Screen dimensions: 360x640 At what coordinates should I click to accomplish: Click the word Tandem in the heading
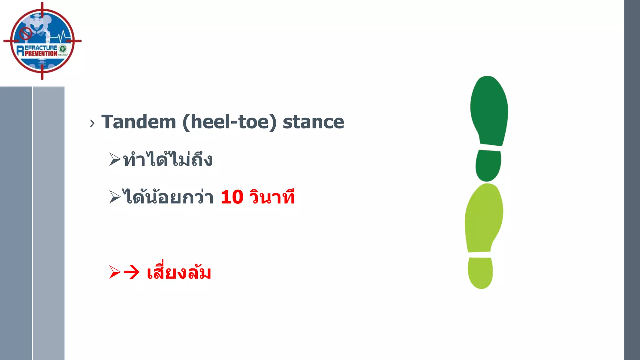[x=139, y=122]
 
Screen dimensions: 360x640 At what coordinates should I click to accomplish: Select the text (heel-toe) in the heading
[x=229, y=122]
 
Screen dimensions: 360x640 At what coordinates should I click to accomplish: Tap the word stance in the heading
[x=313, y=122]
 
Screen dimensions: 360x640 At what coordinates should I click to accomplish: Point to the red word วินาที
[x=272, y=197]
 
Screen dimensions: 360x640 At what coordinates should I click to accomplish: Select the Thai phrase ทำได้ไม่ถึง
[x=168, y=159]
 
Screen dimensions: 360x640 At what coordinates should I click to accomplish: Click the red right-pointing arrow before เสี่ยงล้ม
[x=132, y=272]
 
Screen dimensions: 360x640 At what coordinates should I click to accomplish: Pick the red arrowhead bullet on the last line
[x=115, y=272]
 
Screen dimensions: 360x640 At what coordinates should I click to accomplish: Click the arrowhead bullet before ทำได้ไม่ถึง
[x=115, y=159]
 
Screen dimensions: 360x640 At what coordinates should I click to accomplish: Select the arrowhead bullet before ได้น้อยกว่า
[x=115, y=197]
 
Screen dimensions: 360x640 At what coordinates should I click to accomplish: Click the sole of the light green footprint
[x=483, y=219]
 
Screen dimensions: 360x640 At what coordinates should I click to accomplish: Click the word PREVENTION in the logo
[x=41, y=54]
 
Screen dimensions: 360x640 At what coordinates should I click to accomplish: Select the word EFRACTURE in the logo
[x=41, y=48]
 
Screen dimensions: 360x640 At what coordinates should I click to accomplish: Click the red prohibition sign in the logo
[x=26, y=33]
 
